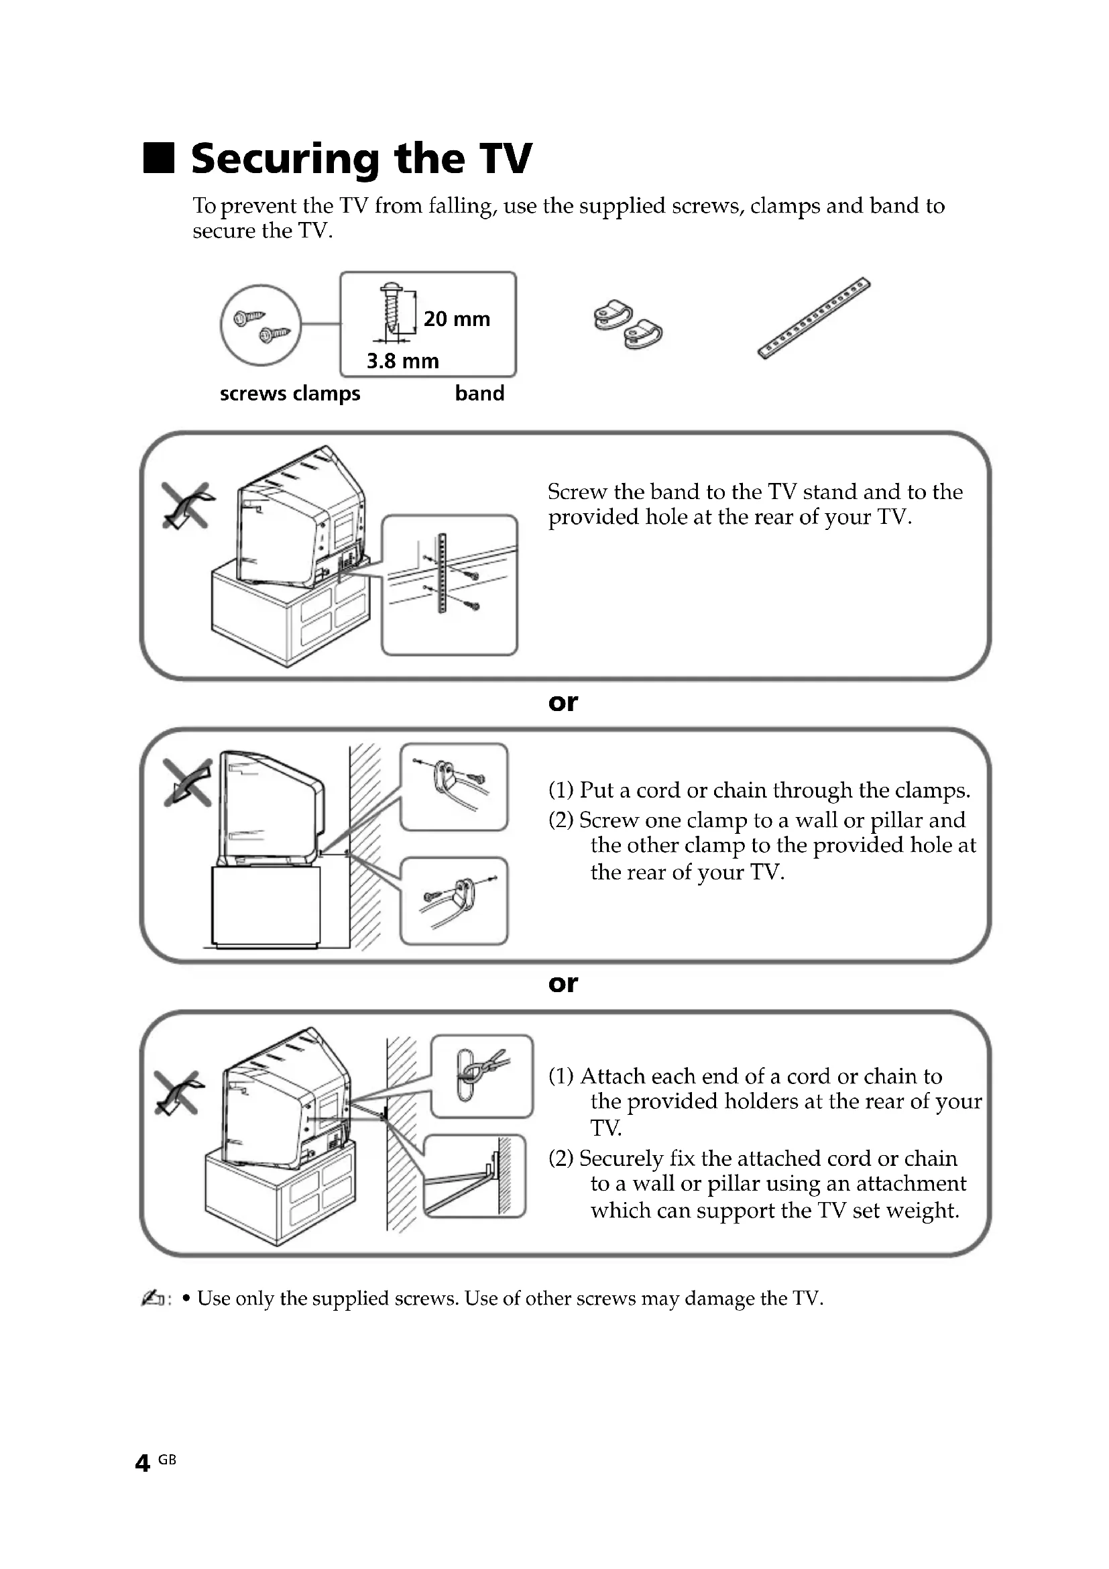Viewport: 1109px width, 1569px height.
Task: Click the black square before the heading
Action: (158, 158)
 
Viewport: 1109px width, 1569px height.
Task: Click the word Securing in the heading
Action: (285, 159)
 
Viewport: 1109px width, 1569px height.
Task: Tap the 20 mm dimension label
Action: (456, 319)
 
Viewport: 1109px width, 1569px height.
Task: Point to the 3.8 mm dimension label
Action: (402, 361)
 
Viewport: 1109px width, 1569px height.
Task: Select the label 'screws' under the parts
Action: (253, 394)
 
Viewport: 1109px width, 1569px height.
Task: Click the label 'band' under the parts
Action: (479, 394)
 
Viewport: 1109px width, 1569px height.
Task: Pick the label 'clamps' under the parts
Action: (327, 394)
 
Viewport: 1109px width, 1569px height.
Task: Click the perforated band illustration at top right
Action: (813, 318)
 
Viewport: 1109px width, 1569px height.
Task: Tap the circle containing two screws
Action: (260, 325)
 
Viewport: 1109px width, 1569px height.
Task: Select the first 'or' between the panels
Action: (563, 702)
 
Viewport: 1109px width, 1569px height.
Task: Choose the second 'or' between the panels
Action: (563, 983)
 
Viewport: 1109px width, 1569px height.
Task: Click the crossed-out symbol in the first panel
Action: (186, 505)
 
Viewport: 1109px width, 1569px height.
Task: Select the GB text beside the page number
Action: (168, 1460)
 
